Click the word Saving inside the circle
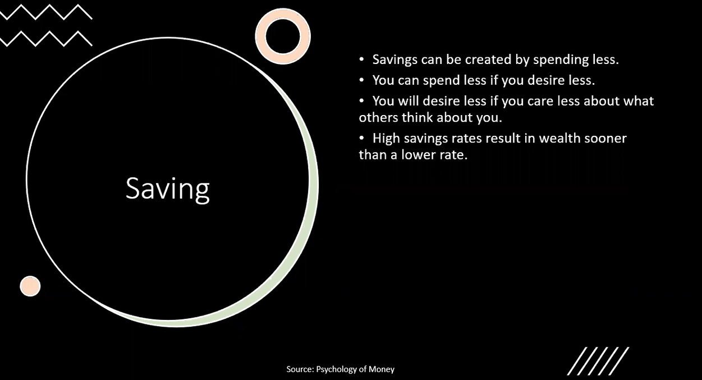pos(167,189)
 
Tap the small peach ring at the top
pos(283,36)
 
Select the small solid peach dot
pos(30,286)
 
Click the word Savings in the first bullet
pos(394,59)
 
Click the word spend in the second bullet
pos(439,80)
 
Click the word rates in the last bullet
pos(468,139)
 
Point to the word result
pos(504,138)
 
